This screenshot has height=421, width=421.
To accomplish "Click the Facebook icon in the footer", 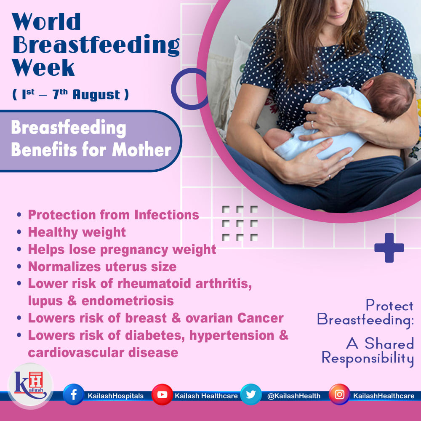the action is pos(73,394).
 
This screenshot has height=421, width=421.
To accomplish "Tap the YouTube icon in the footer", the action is pos(162,394).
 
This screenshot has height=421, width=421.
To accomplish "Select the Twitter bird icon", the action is pos(251,394).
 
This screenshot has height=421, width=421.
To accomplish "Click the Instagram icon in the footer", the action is pos(339,394).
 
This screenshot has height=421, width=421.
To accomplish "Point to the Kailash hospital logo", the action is pos(31,386).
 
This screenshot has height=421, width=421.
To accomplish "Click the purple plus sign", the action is pos(389,248).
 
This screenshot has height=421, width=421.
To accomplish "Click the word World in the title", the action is pos(46,21).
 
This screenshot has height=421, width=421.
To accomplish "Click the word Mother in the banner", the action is pos(141,149).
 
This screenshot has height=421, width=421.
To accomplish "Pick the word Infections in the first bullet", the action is pos(166,215).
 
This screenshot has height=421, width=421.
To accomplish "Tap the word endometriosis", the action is pos(128,301).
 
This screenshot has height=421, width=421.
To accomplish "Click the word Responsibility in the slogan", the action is pos(368,358).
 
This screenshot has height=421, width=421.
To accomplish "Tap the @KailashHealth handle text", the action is pos(294,396).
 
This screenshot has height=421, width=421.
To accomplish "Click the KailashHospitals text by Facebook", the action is pos(115,396).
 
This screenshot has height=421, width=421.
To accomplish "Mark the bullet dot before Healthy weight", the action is pos(19,232).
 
